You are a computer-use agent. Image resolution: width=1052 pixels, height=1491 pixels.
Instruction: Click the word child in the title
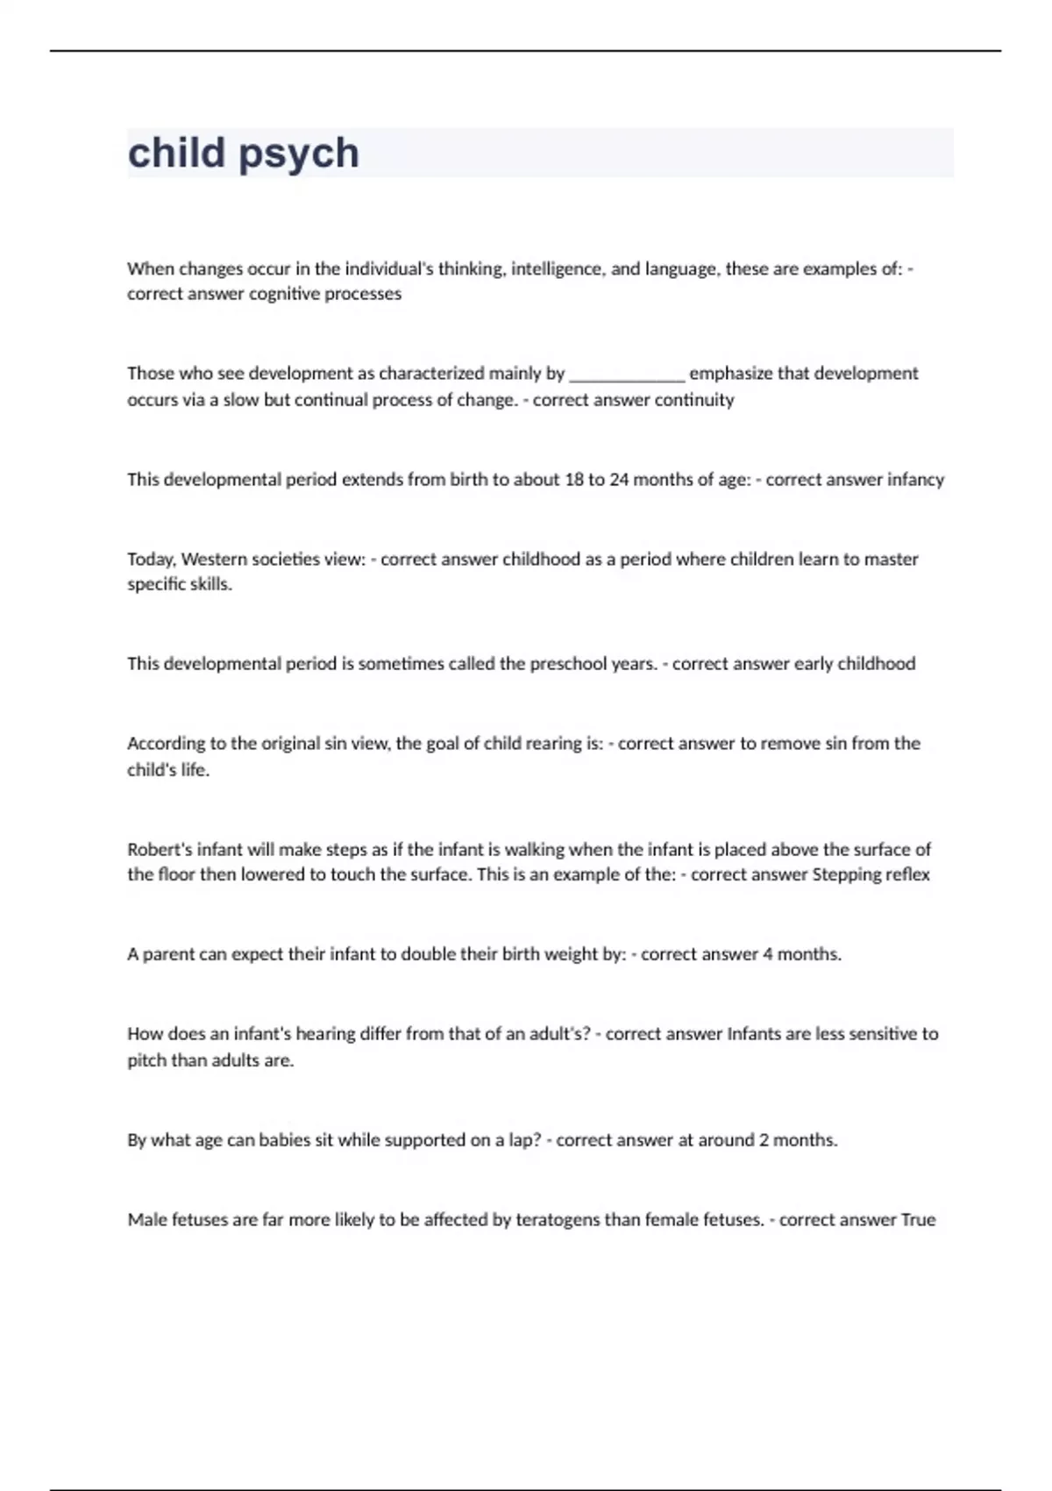pyautogui.click(x=177, y=153)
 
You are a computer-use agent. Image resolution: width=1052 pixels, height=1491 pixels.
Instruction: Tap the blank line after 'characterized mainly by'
pyautogui.click(x=627, y=375)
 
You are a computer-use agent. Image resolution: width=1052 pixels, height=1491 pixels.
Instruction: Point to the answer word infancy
pyautogui.click(x=915, y=480)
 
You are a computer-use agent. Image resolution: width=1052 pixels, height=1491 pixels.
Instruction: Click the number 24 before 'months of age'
pyautogui.click(x=619, y=480)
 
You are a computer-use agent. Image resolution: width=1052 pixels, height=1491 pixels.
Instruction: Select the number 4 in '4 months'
pyautogui.click(x=768, y=954)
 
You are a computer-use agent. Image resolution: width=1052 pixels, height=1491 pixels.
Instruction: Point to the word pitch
pyautogui.click(x=146, y=1060)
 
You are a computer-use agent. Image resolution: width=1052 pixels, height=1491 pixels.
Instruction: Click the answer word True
pyautogui.click(x=918, y=1220)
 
